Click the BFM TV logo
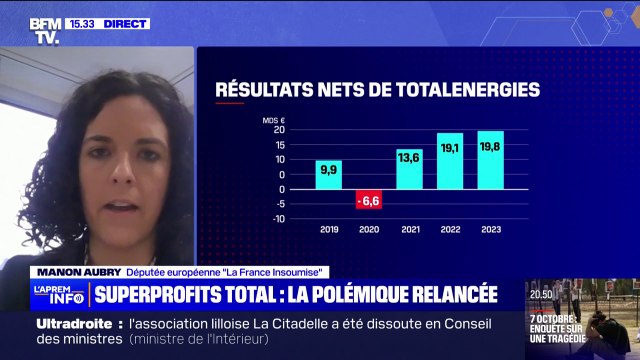[46, 30]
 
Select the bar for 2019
[328, 174]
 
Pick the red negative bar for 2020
[369, 199]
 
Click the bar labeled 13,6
[409, 168]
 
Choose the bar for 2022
[450, 160]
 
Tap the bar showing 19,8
[490, 159]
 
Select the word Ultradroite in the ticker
[79, 325]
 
